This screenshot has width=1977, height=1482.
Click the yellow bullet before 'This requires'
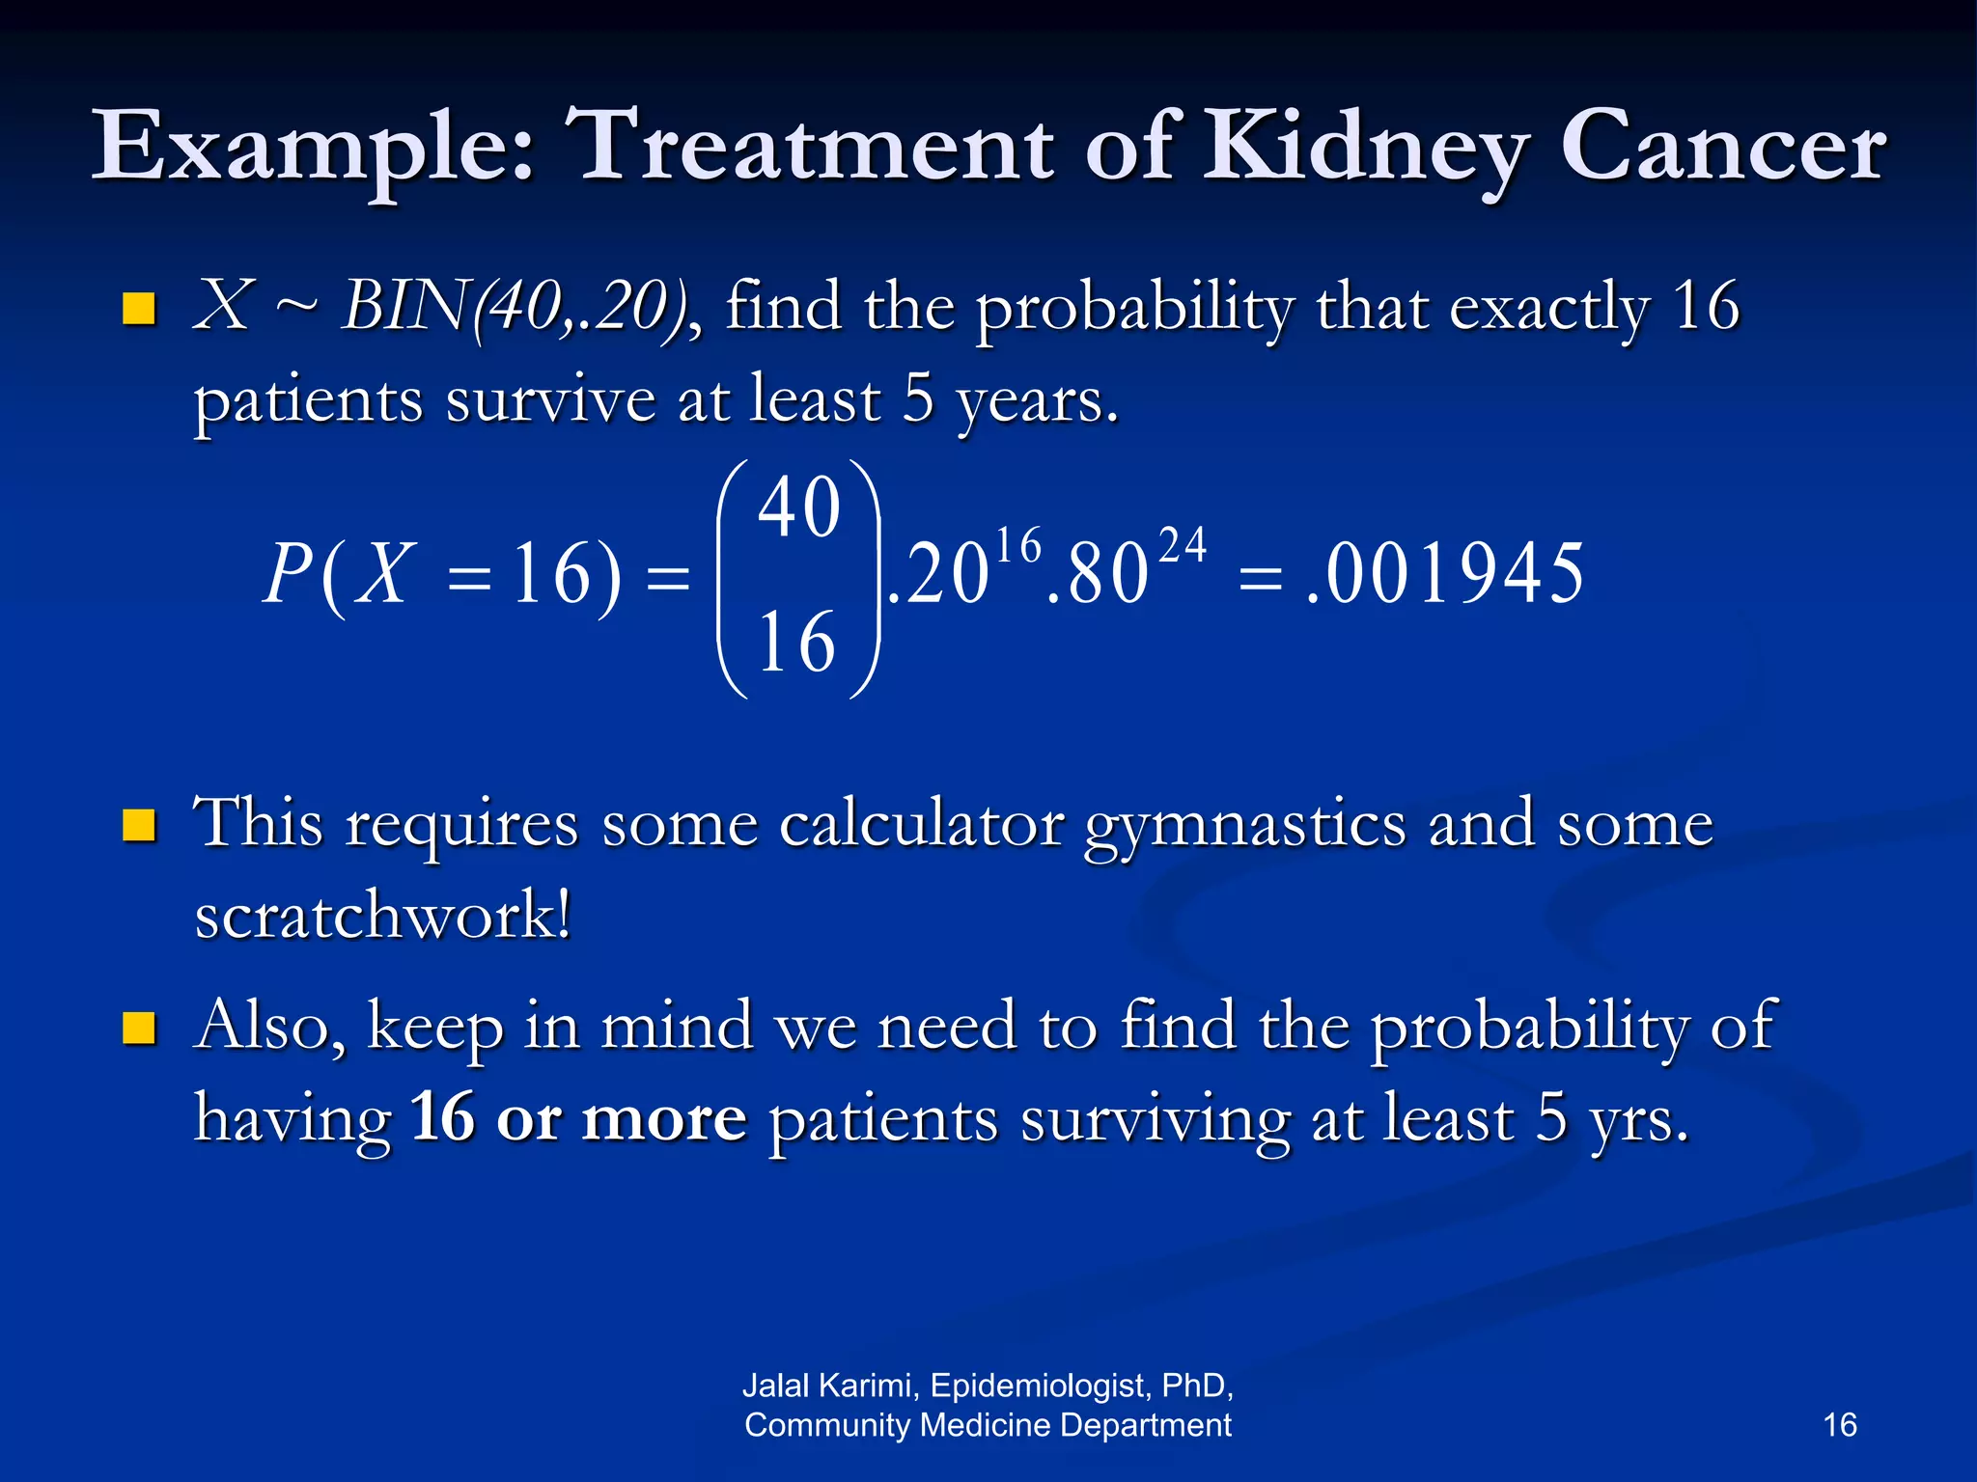coord(140,826)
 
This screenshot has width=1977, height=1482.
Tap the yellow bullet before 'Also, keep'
coord(140,1029)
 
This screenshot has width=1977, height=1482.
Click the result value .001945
coord(1444,574)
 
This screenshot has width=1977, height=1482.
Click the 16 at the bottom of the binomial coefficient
coord(796,644)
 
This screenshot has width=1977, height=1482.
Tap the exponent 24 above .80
coord(1182,545)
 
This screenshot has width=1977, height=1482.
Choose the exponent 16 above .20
coord(1018,546)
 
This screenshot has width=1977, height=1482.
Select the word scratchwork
coord(382,915)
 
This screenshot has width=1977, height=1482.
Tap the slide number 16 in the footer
coord(1839,1425)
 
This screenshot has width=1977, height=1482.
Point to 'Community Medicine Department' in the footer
coord(988,1425)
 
